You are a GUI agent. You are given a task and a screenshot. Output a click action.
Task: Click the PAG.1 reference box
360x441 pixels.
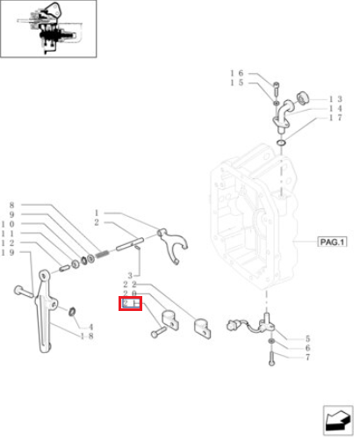pyautogui.click(x=332, y=242)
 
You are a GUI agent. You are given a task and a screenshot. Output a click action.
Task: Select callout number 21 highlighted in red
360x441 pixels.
pyautogui.click(x=131, y=303)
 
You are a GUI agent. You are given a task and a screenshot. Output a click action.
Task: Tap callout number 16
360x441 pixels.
pyautogui.click(x=237, y=73)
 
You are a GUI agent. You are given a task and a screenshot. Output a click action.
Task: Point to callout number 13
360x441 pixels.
pyautogui.click(x=335, y=99)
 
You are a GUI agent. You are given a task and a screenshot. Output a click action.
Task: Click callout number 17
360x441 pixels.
pyautogui.click(x=335, y=118)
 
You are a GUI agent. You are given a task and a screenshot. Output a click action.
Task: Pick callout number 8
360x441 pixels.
pyautogui.click(x=11, y=205)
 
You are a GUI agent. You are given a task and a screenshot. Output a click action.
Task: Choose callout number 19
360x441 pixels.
pyautogui.click(x=8, y=252)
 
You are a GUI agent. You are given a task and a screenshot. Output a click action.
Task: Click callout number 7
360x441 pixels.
pyautogui.click(x=307, y=357)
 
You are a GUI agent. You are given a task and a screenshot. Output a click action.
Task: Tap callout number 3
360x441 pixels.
pyautogui.click(x=130, y=275)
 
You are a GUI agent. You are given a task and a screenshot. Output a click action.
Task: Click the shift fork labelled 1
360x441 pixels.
pyautogui.click(x=172, y=245)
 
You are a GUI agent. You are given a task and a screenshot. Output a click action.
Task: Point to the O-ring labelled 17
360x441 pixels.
pyautogui.click(x=281, y=143)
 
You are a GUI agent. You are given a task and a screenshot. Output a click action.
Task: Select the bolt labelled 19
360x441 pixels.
pyautogui.click(x=24, y=292)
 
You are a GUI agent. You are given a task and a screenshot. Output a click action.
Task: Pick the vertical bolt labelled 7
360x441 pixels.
pyautogui.click(x=271, y=358)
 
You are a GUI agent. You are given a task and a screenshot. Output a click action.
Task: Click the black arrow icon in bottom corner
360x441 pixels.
pyautogui.click(x=338, y=421)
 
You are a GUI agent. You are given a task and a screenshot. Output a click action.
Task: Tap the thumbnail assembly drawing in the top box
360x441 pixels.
pyautogui.click(x=47, y=29)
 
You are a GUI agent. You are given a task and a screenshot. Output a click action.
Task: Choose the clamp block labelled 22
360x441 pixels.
pyautogui.click(x=202, y=329)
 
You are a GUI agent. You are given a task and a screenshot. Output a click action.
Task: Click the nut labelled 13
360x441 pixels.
pyautogui.click(x=303, y=98)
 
